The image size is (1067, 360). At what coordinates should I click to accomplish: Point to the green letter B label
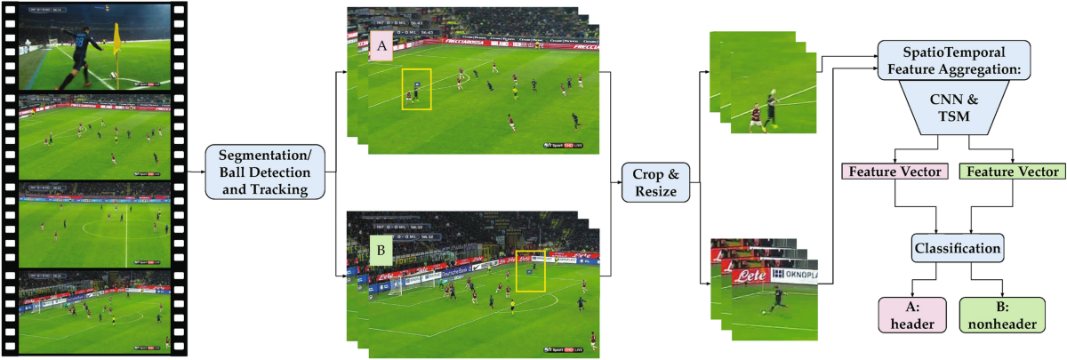click(381, 252)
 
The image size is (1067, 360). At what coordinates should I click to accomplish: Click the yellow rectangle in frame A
click(416, 90)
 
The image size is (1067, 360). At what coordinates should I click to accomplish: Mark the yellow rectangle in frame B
click(530, 270)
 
